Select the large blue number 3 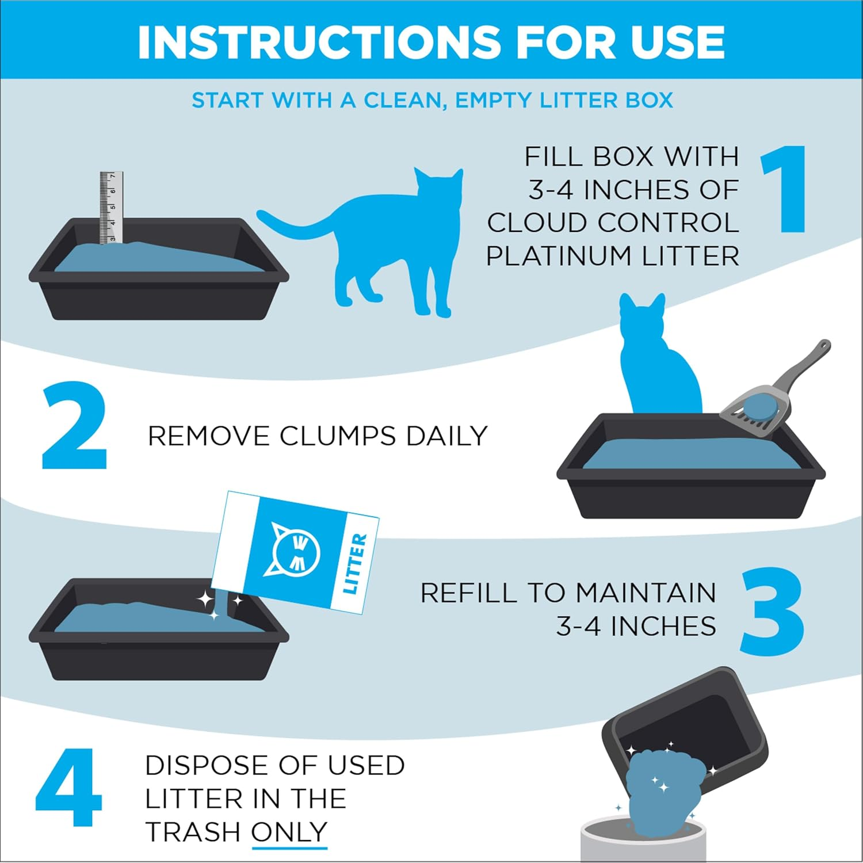[771, 611]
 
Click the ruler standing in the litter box [111, 207]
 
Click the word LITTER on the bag [354, 564]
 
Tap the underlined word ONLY [289, 832]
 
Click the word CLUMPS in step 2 [338, 436]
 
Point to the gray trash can [641, 843]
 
